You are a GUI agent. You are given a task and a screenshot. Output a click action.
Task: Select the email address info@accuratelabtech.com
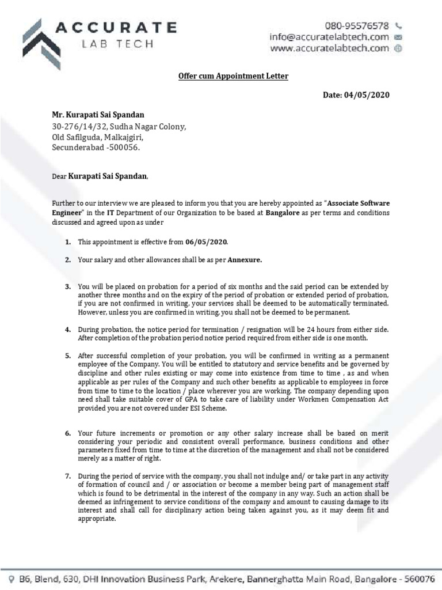click(x=329, y=37)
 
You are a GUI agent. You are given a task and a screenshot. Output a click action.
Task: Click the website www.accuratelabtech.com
click(x=330, y=48)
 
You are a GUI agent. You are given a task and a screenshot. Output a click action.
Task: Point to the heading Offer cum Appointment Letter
click(x=221, y=76)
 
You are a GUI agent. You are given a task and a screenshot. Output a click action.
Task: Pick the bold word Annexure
click(x=245, y=260)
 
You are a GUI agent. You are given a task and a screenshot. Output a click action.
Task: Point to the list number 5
click(x=67, y=356)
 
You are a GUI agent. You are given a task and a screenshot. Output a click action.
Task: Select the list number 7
click(x=67, y=476)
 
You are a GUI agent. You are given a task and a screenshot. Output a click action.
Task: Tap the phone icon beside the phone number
click(x=399, y=26)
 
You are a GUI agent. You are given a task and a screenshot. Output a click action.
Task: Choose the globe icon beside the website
click(x=398, y=48)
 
